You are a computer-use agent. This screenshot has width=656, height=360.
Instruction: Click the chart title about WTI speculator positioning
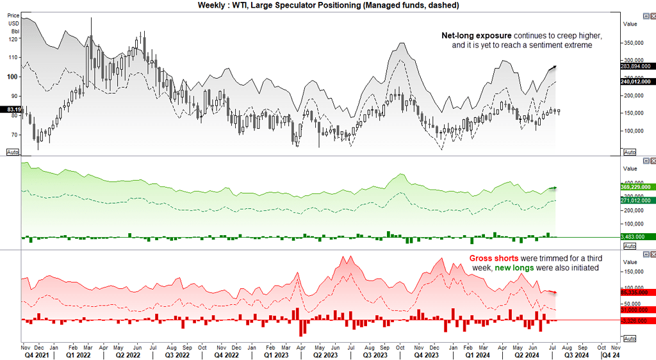[328, 5]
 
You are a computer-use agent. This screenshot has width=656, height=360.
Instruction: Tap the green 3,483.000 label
[636, 237]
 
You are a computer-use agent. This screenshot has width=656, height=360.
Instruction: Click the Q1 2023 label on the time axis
[276, 354]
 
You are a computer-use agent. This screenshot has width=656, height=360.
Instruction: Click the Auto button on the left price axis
[12, 152]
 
